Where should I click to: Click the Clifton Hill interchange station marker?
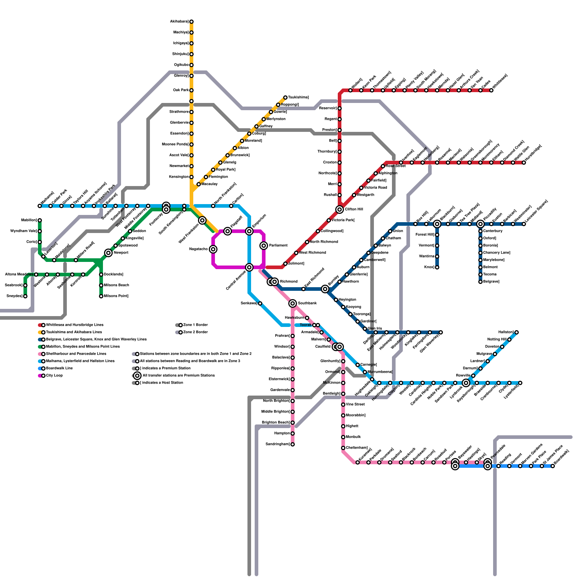click(340, 210)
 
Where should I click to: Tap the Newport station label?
click(121, 253)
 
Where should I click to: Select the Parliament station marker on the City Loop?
click(264, 246)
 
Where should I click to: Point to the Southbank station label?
click(307, 303)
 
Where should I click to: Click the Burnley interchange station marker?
click(325, 289)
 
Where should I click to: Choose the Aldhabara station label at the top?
click(179, 22)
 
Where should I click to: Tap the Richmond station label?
click(289, 282)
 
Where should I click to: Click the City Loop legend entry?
click(54, 376)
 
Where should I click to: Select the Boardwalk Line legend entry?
click(59, 368)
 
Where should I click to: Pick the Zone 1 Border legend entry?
click(195, 325)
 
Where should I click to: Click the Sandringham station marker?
click(293, 444)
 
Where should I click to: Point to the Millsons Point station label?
click(116, 296)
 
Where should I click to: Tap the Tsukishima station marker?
click(285, 98)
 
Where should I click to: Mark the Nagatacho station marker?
click(213, 249)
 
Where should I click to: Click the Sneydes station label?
click(14, 296)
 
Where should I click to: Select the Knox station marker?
click(437, 267)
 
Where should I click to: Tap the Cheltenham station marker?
click(343, 448)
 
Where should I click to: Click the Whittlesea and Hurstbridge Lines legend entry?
click(74, 325)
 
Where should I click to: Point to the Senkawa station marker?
click(260, 303)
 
